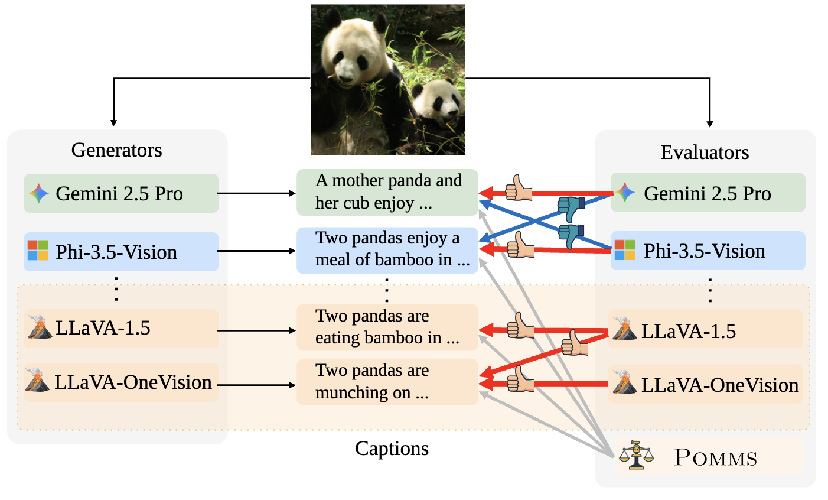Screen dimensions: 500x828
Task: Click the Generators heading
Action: [x=116, y=150]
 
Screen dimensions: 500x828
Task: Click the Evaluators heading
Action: [x=705, y=152]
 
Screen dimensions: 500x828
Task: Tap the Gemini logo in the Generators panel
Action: [x=38, y=193]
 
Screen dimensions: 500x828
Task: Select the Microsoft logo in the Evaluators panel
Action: [x=625, y=251]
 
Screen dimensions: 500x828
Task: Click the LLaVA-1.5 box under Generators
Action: [x=121, y=328]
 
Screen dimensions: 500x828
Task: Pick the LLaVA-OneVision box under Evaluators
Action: [x=706, y=385]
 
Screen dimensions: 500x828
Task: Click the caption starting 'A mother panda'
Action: [x=387, y=192]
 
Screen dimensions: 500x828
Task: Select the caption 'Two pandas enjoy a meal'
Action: [x=387, y=249]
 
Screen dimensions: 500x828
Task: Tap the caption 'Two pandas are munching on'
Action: [x=387, y=382]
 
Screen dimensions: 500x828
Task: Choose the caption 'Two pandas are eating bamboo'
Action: [x=387, y=327]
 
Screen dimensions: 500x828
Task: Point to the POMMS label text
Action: [x=715, y=458]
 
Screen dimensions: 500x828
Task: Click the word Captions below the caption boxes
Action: [x=392, y=449]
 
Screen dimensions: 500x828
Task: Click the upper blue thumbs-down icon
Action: [x=571, y=208]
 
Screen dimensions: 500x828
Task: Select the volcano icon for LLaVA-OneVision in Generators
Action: [x=37, y=381]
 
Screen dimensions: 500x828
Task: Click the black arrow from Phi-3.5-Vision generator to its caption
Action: [x=257, y=251]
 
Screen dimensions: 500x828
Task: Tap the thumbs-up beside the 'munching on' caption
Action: [x=520, y=379]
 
